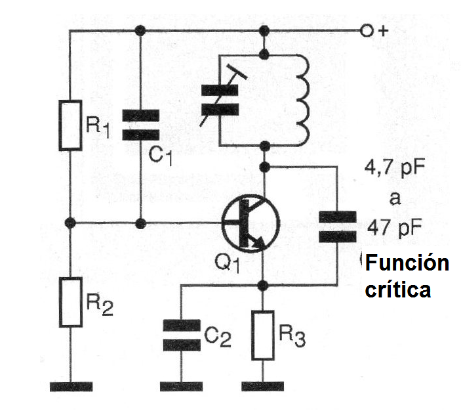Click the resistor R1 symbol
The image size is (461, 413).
click(70, 125)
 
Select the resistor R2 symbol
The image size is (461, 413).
click(70, 302)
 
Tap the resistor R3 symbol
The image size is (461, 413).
click(263, 335)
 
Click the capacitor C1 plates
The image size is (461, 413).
click(140, 125)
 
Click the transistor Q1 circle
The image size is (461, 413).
click(250, 224)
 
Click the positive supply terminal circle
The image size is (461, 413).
click(367, 31)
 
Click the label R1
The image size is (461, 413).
click(99, 127)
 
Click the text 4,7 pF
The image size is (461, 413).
click(395, 168)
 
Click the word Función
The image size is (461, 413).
click(407, 264)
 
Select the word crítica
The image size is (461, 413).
click(398, 289)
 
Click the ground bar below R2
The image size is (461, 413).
click(70, 385)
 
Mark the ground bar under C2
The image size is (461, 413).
click(182, 385)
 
